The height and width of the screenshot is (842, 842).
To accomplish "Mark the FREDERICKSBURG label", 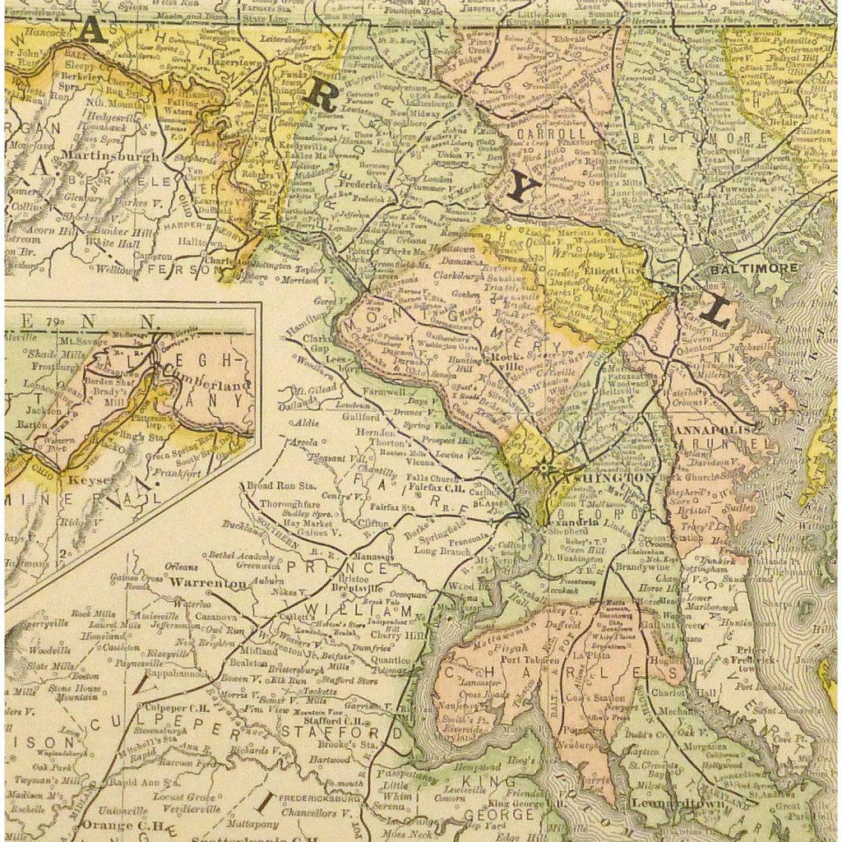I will pyautogui.click(x=320, y=798).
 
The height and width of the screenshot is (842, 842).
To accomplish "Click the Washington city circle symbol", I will pyautogui.click(x=544, y=469).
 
